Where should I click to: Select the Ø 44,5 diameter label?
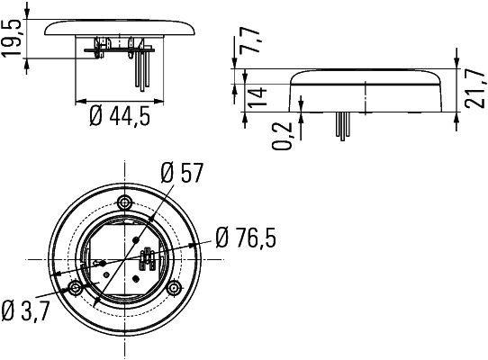tap(117, 117)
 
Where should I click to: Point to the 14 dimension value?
tap(257, 93)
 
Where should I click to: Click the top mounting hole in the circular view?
tap(125, 200)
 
